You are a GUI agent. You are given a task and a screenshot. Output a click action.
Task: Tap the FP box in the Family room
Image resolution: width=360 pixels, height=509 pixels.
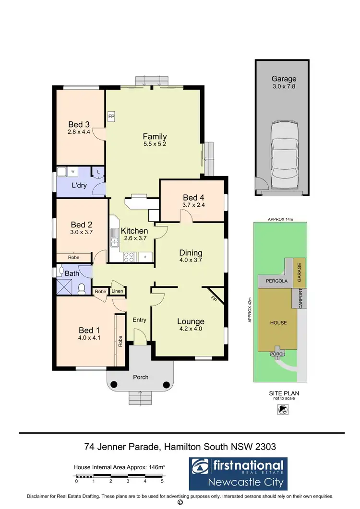pyautogui.click(x=111, y=117)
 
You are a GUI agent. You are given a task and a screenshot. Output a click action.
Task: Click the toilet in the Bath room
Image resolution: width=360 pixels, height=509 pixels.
pyautogui.click(x=82, y=288)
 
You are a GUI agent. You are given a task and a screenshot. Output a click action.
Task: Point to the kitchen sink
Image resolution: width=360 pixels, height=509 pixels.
pyautogui.click(x=115, y=236)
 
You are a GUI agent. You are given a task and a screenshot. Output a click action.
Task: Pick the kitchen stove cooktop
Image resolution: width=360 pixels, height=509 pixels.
pyautogui.click(x=130, y=257)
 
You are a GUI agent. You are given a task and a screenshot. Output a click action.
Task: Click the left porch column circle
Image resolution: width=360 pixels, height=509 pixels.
pyautogui.click(x=114, y=384)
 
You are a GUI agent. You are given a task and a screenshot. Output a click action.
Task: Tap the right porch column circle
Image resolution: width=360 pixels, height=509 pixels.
pyautogui.click(x=166, y=384)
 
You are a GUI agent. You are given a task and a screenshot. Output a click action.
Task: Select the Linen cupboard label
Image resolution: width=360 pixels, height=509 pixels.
pyautogui.click(x=117, y=291)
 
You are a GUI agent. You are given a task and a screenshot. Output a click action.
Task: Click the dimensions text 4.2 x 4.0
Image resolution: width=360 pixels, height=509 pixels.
pyautogui.click(x=191, y=330)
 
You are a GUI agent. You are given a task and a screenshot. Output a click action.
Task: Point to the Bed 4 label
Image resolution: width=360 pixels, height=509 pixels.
pyautogui.click(x=193, y=198)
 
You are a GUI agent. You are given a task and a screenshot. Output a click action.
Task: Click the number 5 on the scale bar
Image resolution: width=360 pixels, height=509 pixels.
pyautogui.click(x=162, y=481)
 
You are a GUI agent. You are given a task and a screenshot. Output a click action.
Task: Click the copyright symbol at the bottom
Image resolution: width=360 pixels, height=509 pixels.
pyautogui.click(x=180, y=503)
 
